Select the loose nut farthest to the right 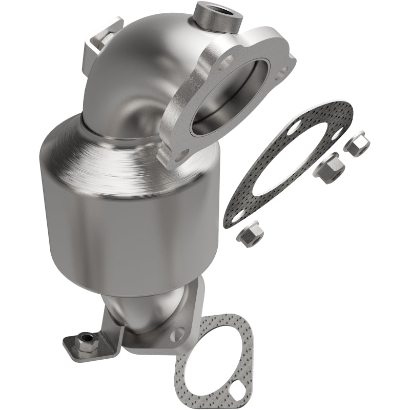tap(356, 143)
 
